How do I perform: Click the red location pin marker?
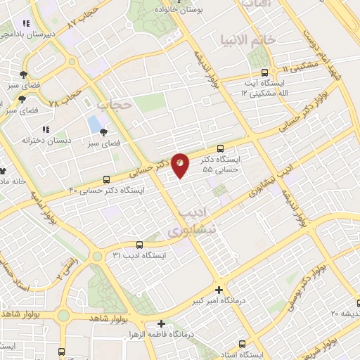181,164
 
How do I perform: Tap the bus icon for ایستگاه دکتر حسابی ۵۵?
221,148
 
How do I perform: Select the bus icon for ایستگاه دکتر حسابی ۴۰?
106,179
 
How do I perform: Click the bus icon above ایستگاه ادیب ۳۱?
139,245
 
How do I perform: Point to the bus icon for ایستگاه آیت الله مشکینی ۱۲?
264,72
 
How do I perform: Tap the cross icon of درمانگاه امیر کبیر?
219,290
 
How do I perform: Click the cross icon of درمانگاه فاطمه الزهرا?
161,323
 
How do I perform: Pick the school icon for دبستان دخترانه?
46,129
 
